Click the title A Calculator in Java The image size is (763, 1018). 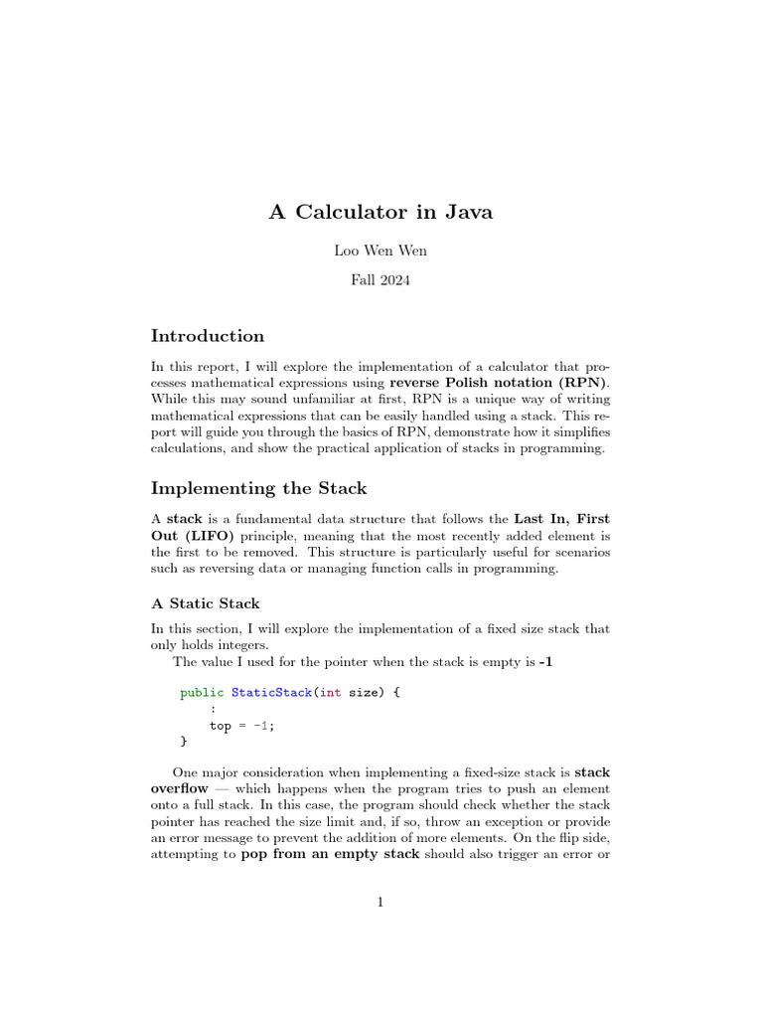pos(381,212)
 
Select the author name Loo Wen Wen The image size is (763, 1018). pos(381,252)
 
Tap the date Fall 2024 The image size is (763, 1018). pos(381,280)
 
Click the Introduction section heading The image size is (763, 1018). pos(207,336)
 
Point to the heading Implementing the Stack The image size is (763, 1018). pos(258,488)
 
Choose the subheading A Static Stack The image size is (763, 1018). pos(205,603)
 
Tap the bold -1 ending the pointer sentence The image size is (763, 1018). pos(544,662)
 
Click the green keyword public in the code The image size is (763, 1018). pos(202,692)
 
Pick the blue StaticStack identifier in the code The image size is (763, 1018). pos(271,692)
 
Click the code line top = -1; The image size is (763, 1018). pos(241,726)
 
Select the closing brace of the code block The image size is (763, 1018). pos(183,742)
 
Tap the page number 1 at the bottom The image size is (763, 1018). pos(381,902)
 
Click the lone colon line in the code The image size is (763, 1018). pos(213,709)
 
